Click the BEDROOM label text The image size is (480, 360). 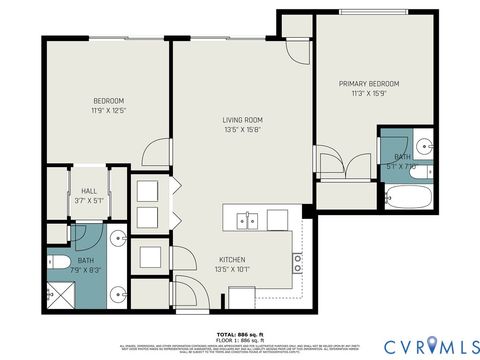108,101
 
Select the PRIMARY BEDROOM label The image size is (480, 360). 369,83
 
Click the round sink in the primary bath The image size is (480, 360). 420,142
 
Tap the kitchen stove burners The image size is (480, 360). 297,263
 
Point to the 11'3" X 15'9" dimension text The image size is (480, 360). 369,94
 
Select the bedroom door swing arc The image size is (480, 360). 156,153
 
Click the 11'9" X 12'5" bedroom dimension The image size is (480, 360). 108,111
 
